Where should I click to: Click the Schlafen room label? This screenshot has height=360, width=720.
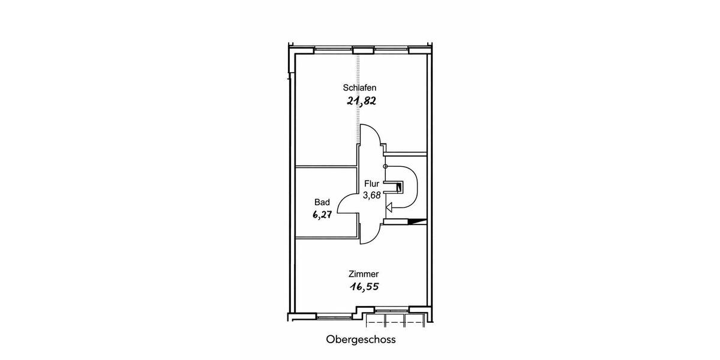coord(359,88)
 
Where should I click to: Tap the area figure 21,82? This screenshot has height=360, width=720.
coord(362,101)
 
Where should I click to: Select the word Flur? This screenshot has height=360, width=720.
coord(371,184)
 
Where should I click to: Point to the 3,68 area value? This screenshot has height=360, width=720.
coord(372,195)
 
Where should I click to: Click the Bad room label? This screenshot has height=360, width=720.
coord(322,202)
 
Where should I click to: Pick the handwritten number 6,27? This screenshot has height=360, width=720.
coord(322,214)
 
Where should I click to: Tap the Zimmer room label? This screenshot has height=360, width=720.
coord(364,274)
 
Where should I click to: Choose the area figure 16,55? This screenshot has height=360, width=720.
coord(365,286)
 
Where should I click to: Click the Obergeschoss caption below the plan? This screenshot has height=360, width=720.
coord(361,340)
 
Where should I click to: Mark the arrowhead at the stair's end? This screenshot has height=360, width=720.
coord(389,208)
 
